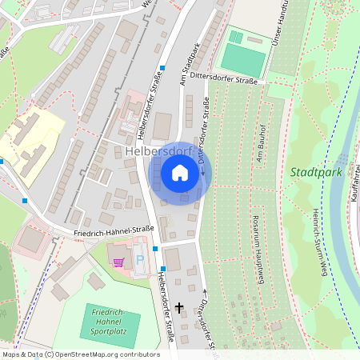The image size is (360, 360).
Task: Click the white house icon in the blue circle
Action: pos(180,172)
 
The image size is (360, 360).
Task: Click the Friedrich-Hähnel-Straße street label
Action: pos(113,230)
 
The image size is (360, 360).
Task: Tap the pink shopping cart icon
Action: pos(119,262)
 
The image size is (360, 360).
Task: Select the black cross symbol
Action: pos(178,306)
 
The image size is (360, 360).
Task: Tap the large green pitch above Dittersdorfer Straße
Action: pos(244,60)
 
